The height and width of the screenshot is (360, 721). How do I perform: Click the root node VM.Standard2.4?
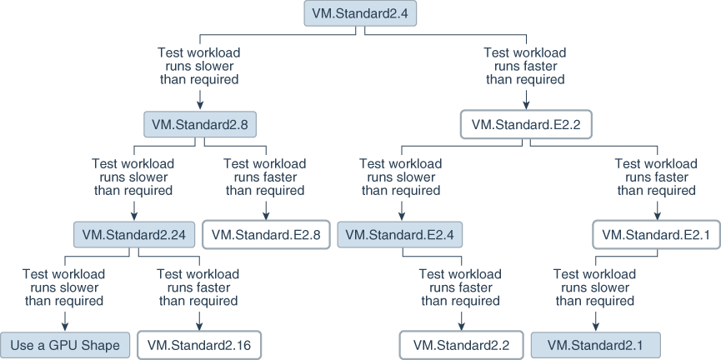[360, 13]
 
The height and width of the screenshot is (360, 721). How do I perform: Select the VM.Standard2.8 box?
[199, 124]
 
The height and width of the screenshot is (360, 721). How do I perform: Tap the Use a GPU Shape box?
[66, 344]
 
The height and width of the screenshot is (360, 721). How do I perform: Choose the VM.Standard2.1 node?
[594, 344]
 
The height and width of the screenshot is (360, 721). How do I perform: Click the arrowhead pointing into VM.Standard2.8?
[199, 105]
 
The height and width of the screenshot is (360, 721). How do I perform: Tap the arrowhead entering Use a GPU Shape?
[66, 325]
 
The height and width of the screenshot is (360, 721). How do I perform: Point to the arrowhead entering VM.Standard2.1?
[594, 325]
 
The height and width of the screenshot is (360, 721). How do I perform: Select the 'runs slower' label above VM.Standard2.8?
[199, 66]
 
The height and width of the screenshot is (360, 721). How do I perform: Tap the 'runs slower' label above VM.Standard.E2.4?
[400, 177]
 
